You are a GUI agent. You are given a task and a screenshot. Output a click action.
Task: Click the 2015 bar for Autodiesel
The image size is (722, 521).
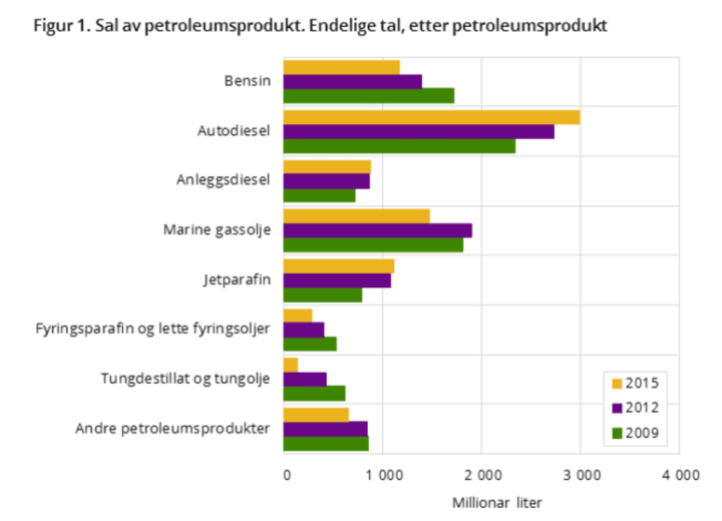[431, 117]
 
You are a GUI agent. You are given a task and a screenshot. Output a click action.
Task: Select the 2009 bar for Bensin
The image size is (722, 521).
[369, 95]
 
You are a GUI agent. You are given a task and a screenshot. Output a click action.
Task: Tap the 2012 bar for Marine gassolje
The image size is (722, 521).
[377, 230]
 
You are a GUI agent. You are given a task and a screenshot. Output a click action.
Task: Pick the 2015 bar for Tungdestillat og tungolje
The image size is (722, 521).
[291, 364]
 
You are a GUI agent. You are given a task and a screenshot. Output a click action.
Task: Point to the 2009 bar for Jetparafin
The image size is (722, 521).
[322, 295]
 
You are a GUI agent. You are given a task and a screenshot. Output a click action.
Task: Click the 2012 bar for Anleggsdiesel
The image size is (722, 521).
[326, 181]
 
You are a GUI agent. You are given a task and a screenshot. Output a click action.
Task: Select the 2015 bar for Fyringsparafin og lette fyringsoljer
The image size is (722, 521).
[297, 315]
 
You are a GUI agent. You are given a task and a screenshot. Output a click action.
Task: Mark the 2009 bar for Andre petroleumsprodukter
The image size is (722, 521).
[326, 443]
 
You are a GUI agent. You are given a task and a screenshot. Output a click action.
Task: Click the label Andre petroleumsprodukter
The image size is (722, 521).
[174, 428]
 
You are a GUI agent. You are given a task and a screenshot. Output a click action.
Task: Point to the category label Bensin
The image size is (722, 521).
[247, 81]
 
